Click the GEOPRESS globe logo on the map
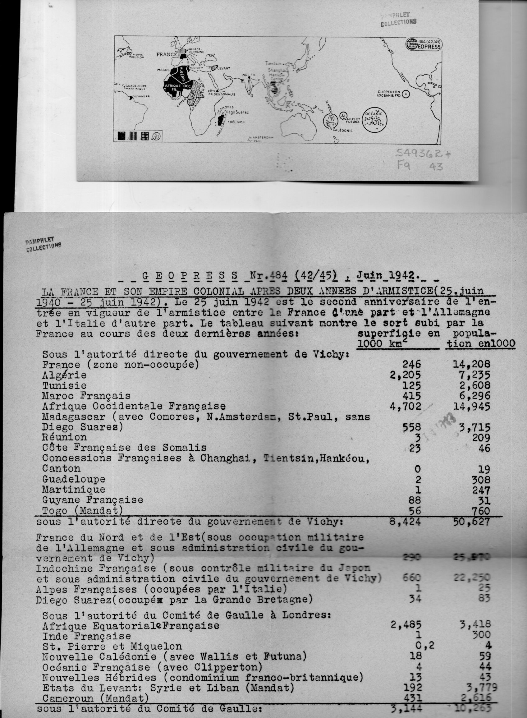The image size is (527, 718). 411,44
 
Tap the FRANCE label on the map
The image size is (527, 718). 167,55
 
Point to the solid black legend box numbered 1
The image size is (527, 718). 121,136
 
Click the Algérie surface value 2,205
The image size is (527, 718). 405,375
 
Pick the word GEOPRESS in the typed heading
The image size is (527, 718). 190,275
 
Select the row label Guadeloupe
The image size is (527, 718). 74,479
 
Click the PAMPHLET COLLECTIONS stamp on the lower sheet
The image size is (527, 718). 43,245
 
